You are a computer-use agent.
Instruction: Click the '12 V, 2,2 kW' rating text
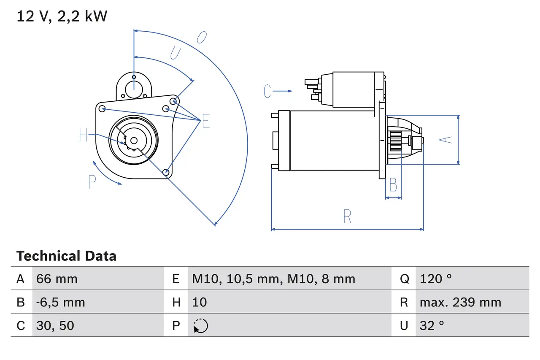(x=62, y=16)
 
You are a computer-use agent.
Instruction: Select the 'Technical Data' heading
(x=66, y=256)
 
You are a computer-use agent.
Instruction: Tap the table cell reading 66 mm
(x=57, y=279)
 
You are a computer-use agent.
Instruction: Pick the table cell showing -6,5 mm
(x=60, y=302)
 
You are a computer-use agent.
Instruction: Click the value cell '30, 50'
(x=55, y=325)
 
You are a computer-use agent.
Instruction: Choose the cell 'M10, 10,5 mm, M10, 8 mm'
(x=273, y=279)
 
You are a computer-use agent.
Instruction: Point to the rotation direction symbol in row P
(x=200, y=326)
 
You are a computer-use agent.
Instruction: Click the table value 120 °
(x=435, y=279)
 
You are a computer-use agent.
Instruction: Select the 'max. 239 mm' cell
(x=460, y=302)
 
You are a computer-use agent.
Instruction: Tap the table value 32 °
(x=432, y=325)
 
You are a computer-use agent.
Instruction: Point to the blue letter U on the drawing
(x=175, y=53)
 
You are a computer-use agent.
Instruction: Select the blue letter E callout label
(x=205, y=121)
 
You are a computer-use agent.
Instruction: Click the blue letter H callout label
(x=83, y=135)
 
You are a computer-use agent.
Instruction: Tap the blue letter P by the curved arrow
(x=92, y=182)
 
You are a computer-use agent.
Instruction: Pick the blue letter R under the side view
(x=347, y=216)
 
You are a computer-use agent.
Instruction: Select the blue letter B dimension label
(x=393, y=185)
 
